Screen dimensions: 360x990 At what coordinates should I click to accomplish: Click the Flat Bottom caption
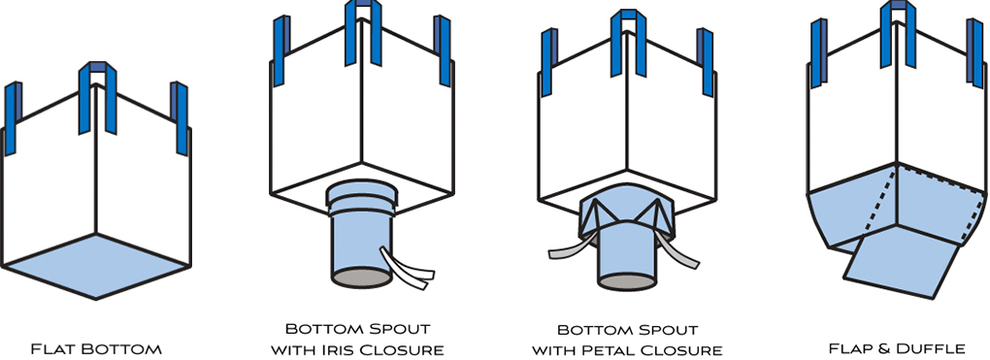[x=96, y=347]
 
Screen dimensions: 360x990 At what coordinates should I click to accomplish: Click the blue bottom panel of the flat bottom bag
[x=95, y=265]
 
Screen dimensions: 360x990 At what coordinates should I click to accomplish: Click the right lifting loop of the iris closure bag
[x=444, y=49]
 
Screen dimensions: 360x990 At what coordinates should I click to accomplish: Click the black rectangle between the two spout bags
[x=492, y=126]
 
